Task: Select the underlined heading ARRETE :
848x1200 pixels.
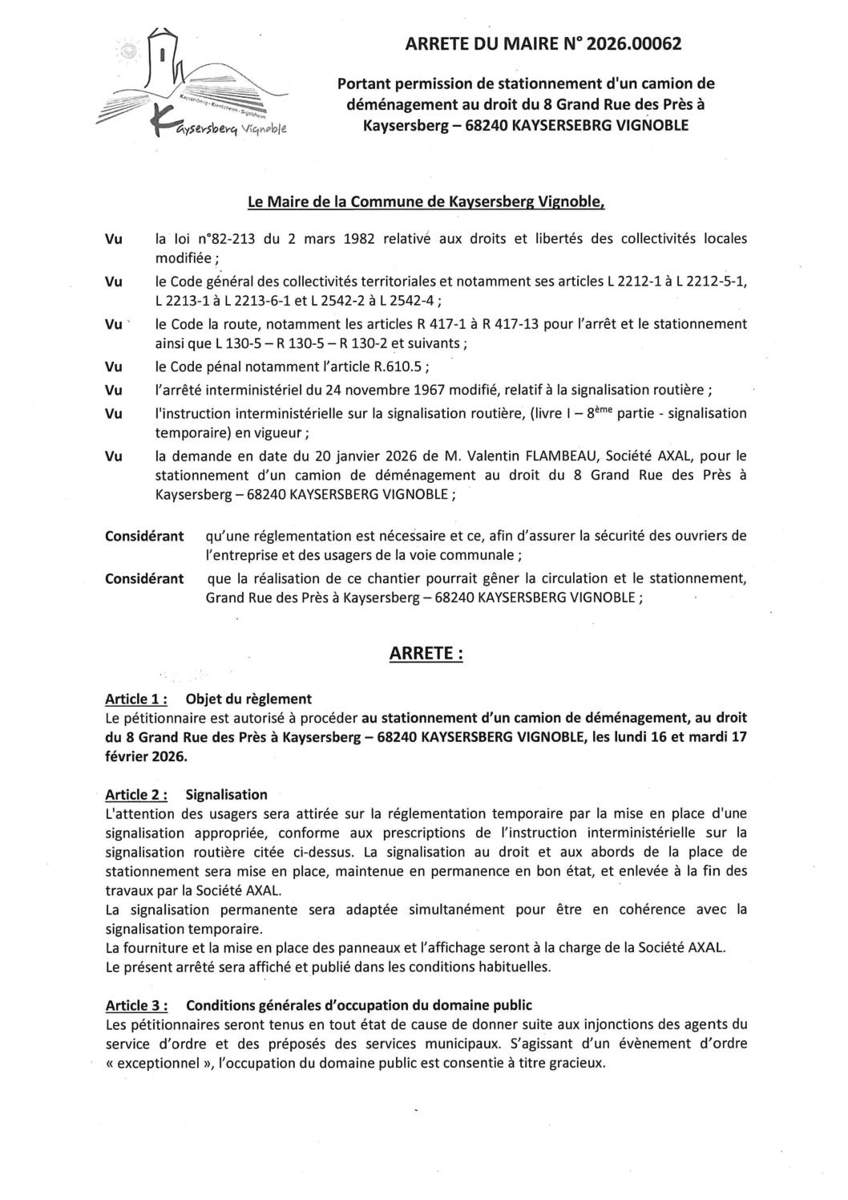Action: pyautogui.click(x=426, y=654)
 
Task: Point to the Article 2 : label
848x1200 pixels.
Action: pyautogui.click(x=136, y=795)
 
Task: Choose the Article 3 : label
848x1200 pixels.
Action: pyautogui.click(x=136, y=1005)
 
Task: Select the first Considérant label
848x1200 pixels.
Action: pyautogui.click(x=144, y=536)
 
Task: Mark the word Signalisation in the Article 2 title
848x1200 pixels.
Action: pyautogui.click(x=226, y=795)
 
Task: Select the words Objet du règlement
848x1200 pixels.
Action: pyautogui.click(x=248, y=699)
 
